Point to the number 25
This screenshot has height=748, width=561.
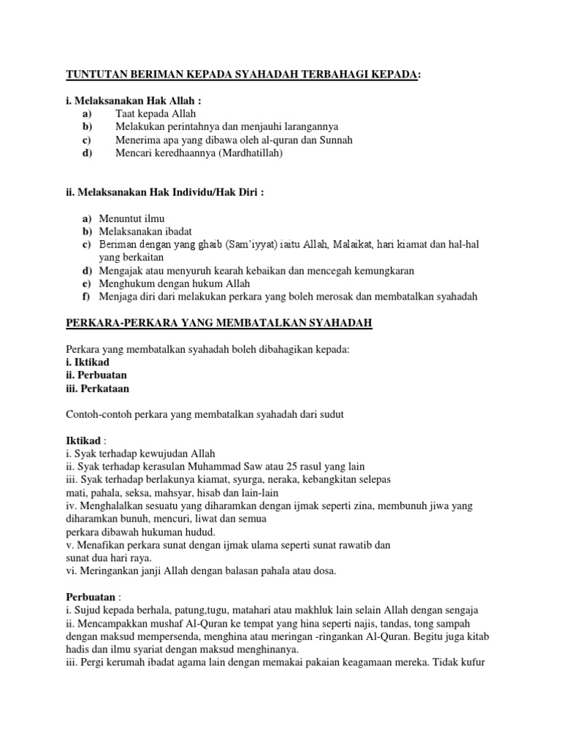tap(287, 466)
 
